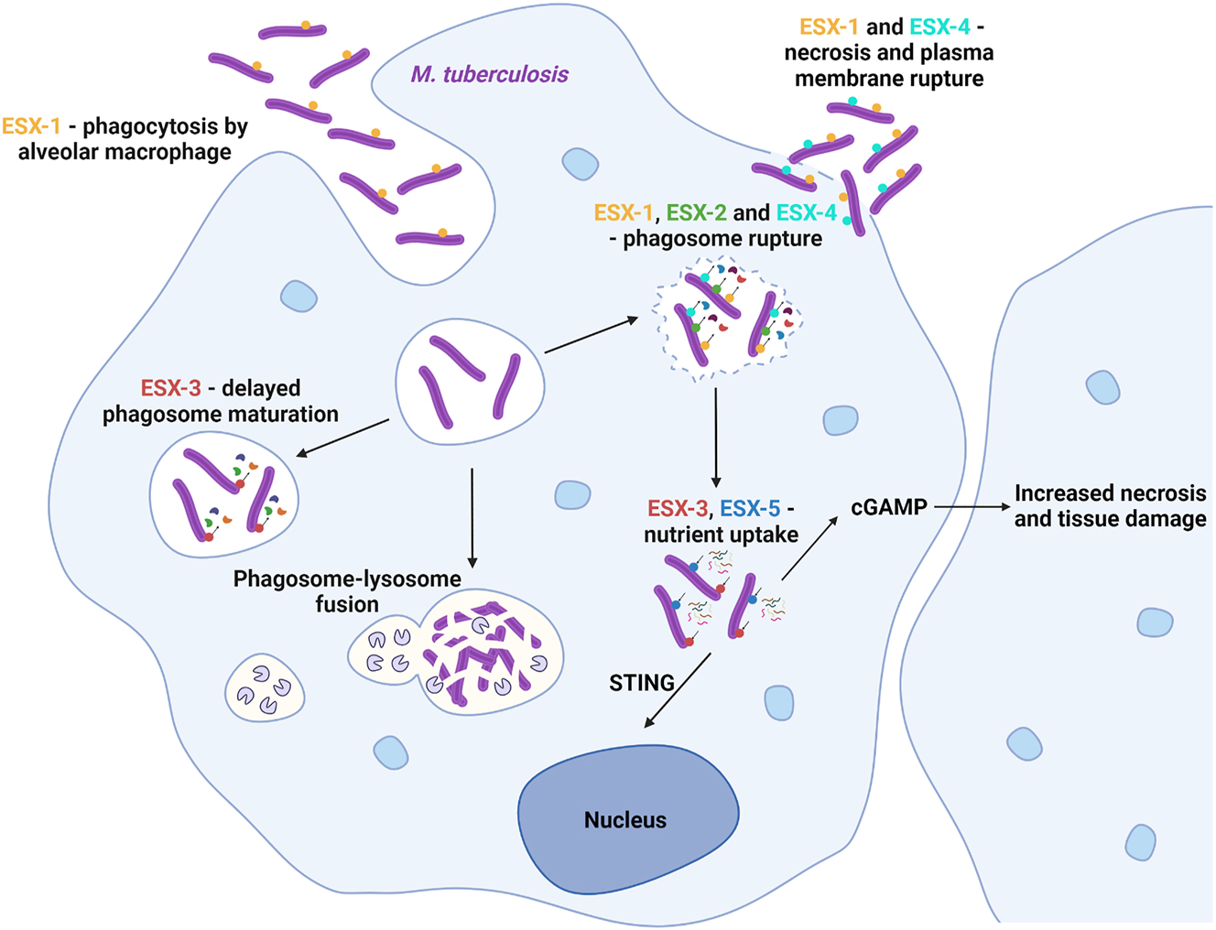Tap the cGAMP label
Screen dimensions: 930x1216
[888, 506]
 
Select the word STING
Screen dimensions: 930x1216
[641, 682]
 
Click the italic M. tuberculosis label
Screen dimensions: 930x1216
[489, 74]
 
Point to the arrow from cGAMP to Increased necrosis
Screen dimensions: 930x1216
[972, 506]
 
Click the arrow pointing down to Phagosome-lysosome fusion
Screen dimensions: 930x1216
[472, 517]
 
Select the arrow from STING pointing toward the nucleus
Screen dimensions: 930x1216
[678, 690]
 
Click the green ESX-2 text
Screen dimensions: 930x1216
[696, 213]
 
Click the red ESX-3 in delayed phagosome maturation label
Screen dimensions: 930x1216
[170, 388]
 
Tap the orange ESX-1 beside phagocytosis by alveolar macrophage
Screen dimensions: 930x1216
[31, 126]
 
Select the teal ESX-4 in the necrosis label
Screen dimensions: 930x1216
[939, 27]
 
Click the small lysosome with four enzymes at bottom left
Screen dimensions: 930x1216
[265, 687]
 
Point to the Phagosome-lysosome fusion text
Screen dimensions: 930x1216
[347, 591]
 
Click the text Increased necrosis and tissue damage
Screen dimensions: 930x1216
[1110, 506]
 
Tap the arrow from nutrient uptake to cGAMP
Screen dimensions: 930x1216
[809, 548]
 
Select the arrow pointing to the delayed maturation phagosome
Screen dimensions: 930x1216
[343, 438]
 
